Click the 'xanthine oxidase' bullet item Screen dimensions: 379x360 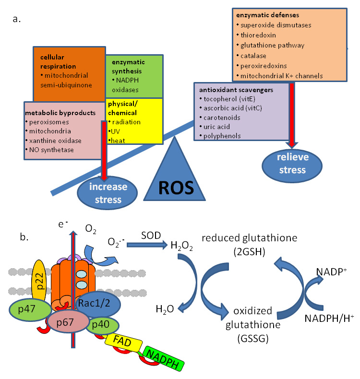point(56,141)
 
